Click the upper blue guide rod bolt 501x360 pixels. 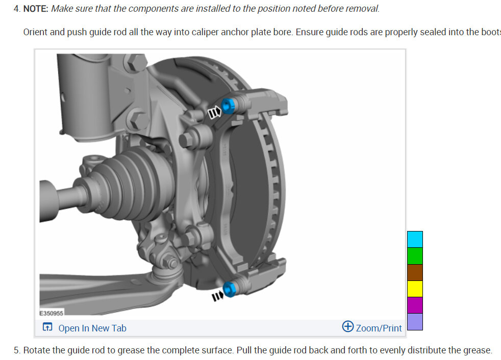228,106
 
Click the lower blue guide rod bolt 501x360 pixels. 230,289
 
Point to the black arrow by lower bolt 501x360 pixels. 217,296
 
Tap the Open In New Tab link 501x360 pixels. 92,328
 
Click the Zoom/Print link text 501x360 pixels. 379,328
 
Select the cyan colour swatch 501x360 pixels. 415,239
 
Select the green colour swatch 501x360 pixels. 415,256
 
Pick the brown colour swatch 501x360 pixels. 415,272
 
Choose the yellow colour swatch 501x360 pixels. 415,289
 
